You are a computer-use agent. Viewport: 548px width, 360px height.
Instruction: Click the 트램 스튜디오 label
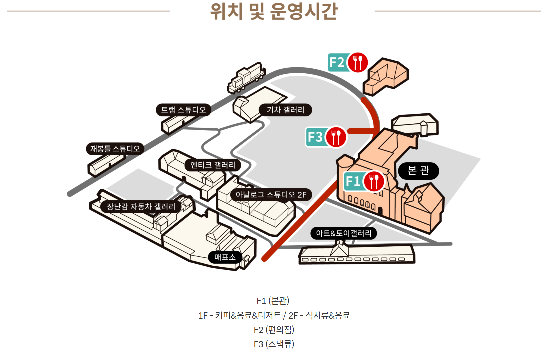(x=183, y=110)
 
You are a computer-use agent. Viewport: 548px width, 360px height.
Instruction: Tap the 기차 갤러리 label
(x=285, y=110)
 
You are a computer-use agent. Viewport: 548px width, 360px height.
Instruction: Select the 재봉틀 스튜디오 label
(x=115, y=149)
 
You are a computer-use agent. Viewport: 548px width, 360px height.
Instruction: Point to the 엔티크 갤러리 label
(x=213, y=165)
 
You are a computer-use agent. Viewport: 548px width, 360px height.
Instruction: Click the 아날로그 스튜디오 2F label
(x=271, y=195)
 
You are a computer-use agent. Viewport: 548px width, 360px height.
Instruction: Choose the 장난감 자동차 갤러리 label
(x=141, y=207)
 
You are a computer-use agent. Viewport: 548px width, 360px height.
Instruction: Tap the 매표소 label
(x=225, y=257)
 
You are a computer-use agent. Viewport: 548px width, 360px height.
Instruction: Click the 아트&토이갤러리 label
(x=344, y=233)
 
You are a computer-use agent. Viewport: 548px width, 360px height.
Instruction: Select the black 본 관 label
(x=418, y=171)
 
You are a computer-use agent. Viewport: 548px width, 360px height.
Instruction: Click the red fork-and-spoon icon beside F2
(x=358, y=62)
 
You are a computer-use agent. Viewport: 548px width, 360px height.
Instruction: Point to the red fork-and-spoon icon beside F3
(x=336, y=137)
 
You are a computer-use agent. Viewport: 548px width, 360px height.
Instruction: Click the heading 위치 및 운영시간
(x=274, y=11)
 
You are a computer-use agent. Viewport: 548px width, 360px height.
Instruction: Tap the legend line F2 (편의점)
(x=274, y=330)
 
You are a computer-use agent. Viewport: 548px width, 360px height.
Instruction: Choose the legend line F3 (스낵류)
(x=274, y=344)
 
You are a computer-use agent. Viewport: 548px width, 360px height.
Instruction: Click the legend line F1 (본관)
(x=273, y=301)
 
